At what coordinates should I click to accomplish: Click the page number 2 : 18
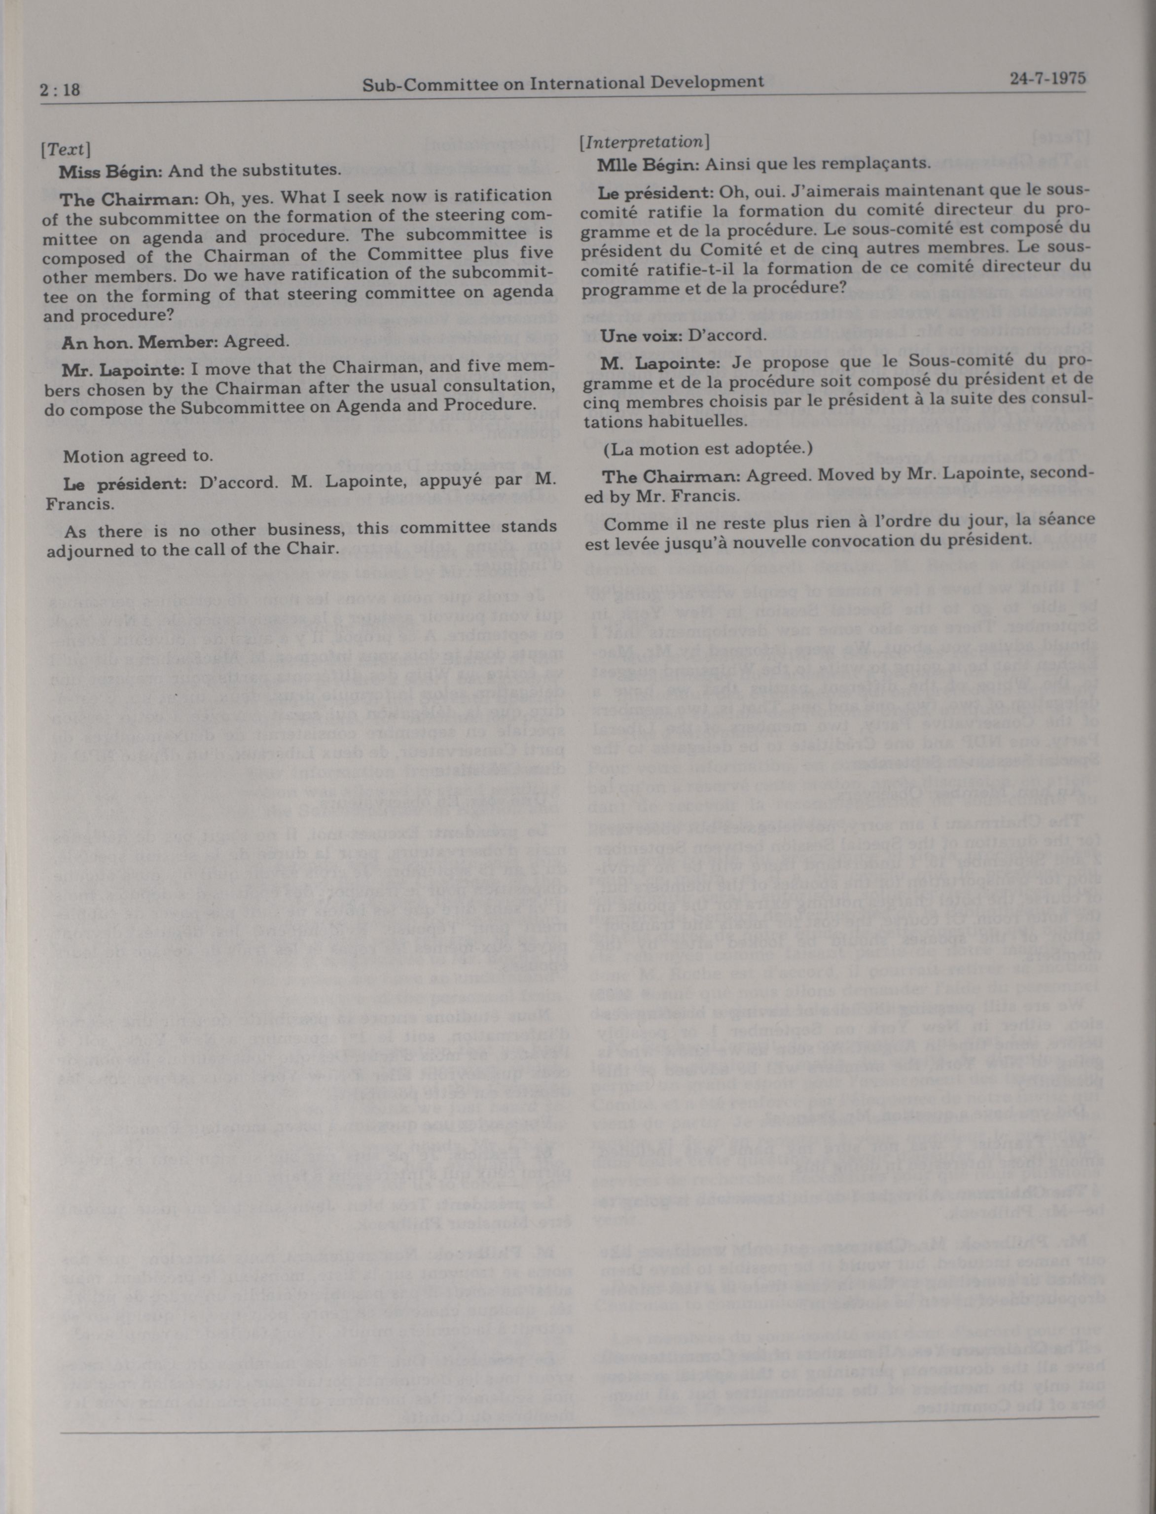click(61, 89)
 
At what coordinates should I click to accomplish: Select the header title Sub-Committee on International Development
click(563, 82)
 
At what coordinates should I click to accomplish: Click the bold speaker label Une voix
click(640, 335)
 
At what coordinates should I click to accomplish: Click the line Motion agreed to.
click(138, 456)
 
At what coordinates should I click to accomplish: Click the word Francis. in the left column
click(70, 505)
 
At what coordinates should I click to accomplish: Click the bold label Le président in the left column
click(124, 483)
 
